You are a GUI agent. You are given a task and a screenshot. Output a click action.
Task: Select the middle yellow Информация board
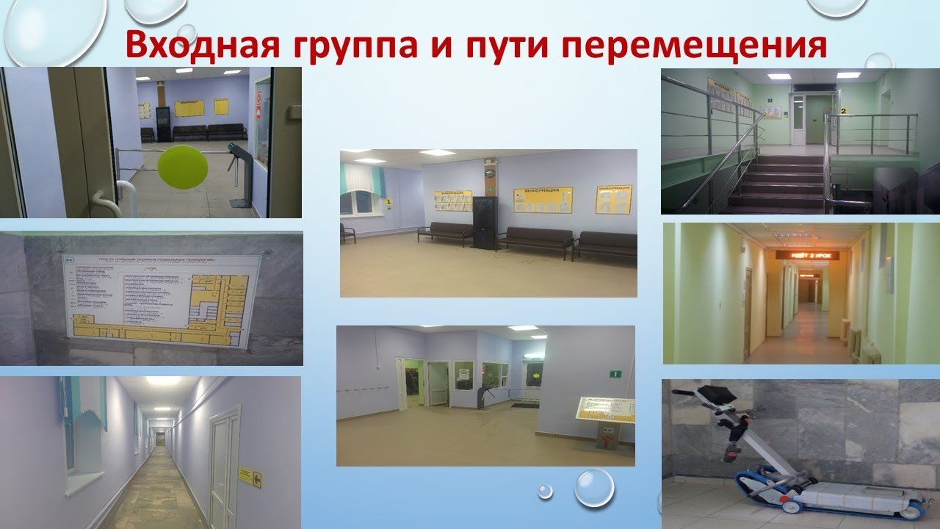(x=543, y=199)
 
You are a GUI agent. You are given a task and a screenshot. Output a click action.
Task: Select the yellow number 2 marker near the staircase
(x=844, y=110)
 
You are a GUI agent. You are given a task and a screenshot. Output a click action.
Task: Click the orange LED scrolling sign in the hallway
(x=807, y=254)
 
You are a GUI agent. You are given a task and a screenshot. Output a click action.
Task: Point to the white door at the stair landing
(x=814, y=119)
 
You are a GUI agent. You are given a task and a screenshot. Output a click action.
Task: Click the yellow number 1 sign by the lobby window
(x=388, y=202)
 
